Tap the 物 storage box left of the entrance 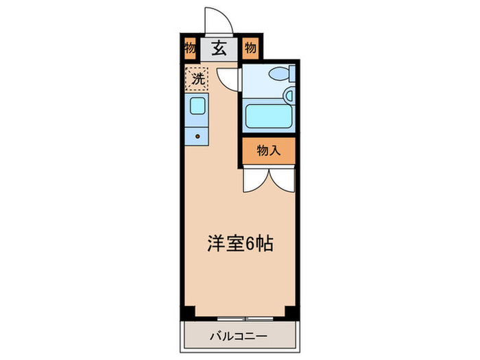[190, 49]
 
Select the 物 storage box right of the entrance [250, 49]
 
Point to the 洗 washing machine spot [197, 78]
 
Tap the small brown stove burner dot [197, 136]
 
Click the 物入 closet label [268, 152]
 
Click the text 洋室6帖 [241, 243]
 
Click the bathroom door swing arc [228, 78]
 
